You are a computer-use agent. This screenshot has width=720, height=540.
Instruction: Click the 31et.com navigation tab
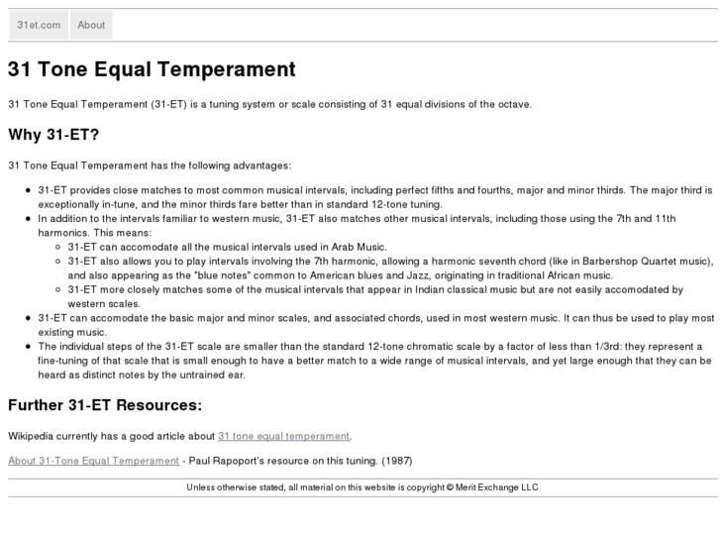(39, 25)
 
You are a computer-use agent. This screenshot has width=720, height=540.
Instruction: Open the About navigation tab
(91, 25)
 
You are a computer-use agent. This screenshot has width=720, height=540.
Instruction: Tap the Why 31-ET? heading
(53, 135)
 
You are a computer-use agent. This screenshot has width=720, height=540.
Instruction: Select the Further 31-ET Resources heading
(105, 405)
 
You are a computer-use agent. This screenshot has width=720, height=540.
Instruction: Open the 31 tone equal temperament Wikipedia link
(284, 436)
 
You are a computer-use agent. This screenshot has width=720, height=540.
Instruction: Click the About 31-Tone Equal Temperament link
(94, 461)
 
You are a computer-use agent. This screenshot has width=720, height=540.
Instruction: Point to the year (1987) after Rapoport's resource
(397, 461)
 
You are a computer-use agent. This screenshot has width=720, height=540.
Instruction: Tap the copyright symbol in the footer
(449, 486)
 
